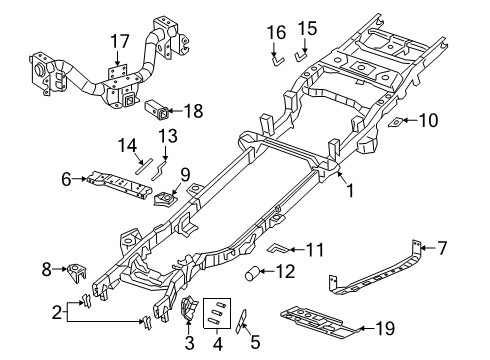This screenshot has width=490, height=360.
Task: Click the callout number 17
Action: click(x=120, y=42)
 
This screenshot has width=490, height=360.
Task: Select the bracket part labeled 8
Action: click(x=77, y=270)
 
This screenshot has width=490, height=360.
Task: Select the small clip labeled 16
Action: click(x=273, y=60)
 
